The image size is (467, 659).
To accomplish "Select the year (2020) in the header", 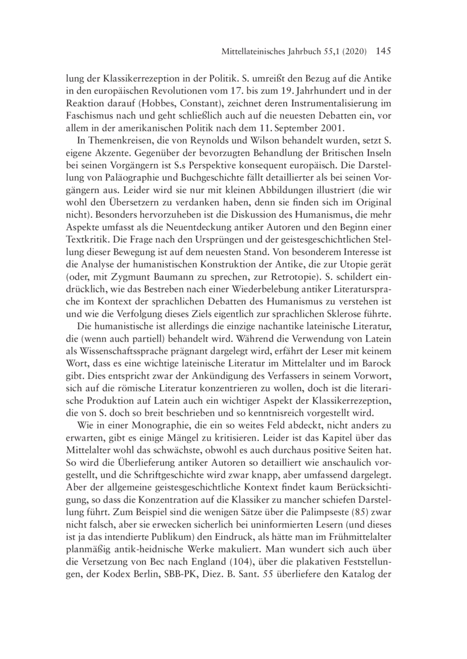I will pyautogui.click(x=351, y=52).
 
